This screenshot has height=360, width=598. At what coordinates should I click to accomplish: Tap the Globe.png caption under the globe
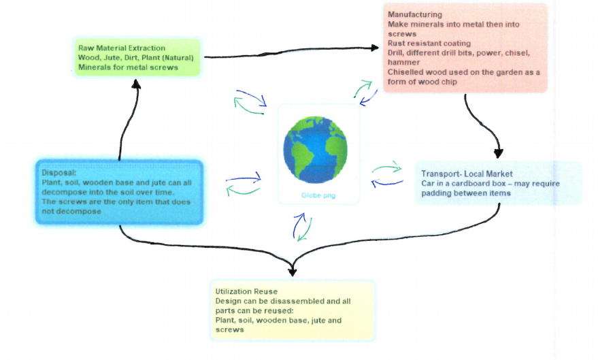(315, 195)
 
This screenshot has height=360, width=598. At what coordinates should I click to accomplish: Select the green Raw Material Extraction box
(137, 57)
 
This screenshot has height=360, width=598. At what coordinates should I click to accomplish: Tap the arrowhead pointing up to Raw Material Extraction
(137, 84)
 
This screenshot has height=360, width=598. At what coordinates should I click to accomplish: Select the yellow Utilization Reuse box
(293, 310)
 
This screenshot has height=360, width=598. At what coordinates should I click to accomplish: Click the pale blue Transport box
(498, 183)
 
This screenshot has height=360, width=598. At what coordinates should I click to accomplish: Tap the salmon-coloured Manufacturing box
(465, 48)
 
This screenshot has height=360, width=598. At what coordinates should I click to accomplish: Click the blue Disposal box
(119, 192)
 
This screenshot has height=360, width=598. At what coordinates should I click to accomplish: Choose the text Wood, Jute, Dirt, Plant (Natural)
(136, 57)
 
